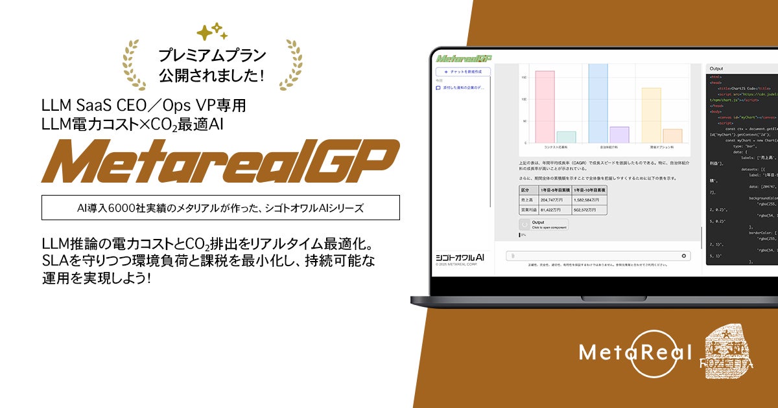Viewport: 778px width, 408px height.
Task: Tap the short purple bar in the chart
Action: coord(619,135)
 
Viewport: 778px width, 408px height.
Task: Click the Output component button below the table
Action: coord(543,225)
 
